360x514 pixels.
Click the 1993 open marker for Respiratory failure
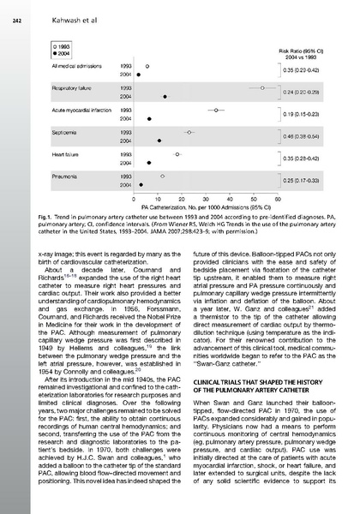262,87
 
